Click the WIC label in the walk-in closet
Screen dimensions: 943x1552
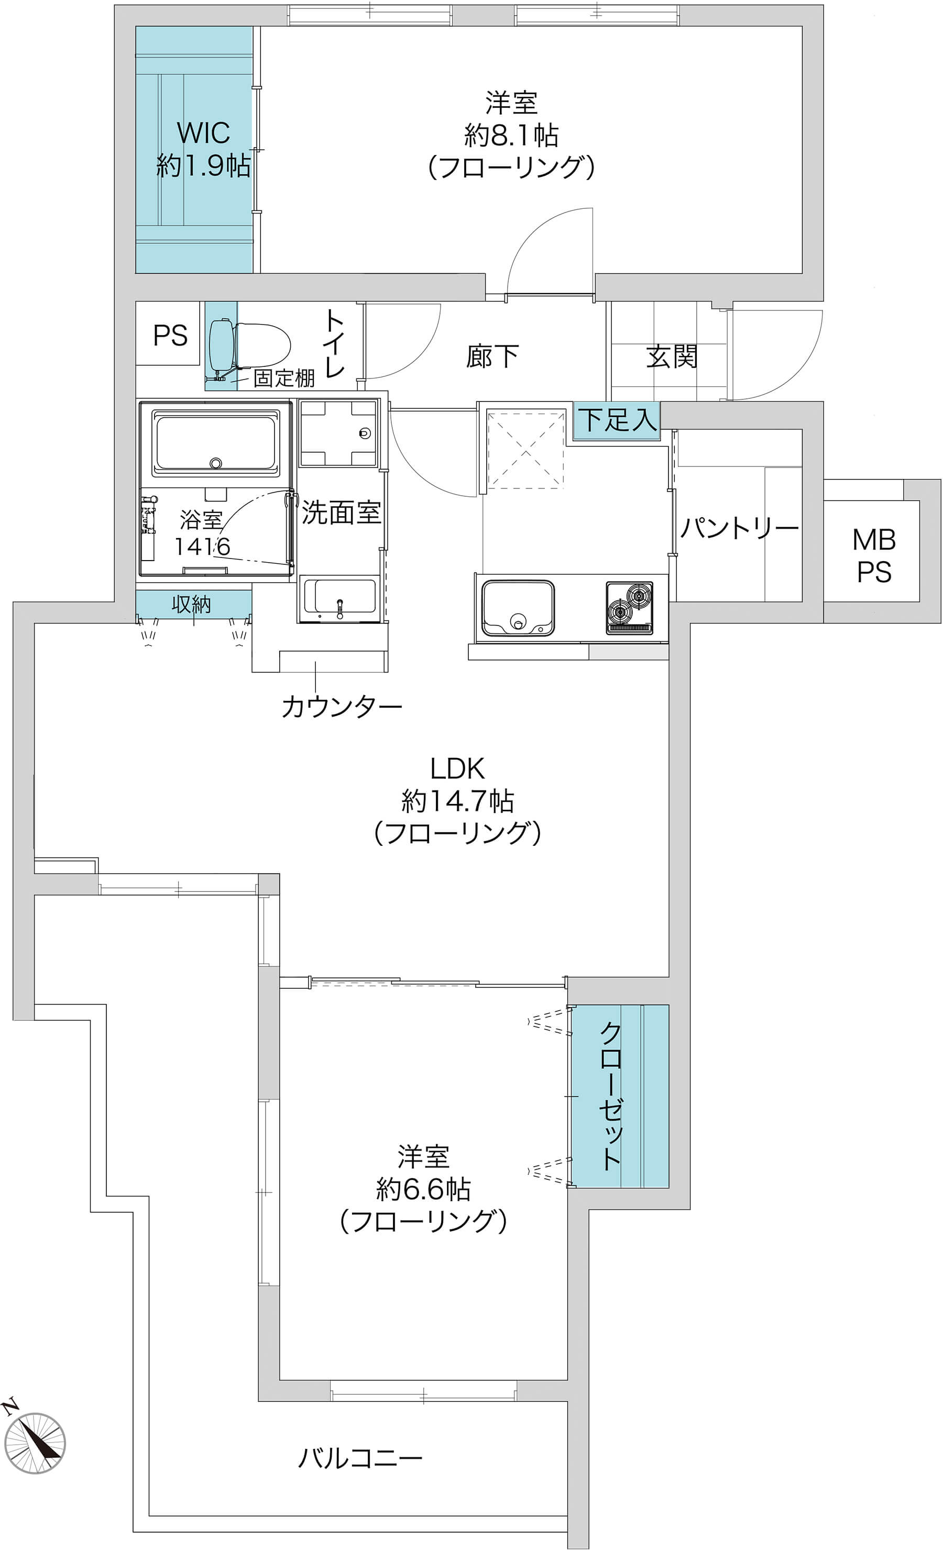tap(203, 133)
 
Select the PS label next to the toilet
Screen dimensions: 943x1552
tap(170, 336)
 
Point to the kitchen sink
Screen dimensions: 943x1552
tap(518, 608)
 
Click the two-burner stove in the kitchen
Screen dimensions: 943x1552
tap(630, 607)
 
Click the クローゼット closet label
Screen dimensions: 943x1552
tap(611, 1096)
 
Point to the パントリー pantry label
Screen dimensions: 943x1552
tap(739, 528)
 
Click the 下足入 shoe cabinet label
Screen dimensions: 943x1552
tap(618, 419)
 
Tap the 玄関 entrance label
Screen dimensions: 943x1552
tap(671, 356)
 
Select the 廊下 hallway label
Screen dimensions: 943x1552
tap(492, 356)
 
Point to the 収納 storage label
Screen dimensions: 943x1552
tap(191, 605)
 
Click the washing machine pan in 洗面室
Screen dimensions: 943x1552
tap(338, 433)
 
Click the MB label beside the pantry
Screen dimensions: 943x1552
tap(874, 540)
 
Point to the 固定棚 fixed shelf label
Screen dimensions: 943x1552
tap(283, 378)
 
